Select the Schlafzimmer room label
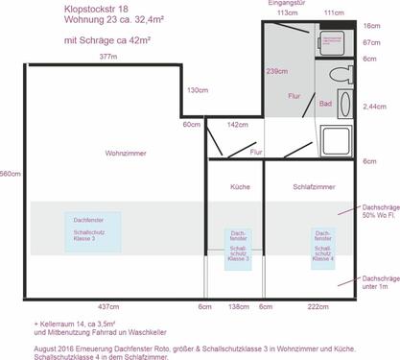[314, 187]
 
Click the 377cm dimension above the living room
[108, 58]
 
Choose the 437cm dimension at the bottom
[108, 305]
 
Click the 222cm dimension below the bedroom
[318, 305]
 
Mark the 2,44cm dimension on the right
[377, 106]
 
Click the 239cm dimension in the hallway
[277, 72]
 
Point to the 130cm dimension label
[197, 90]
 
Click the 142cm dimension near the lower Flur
[238, 125]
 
